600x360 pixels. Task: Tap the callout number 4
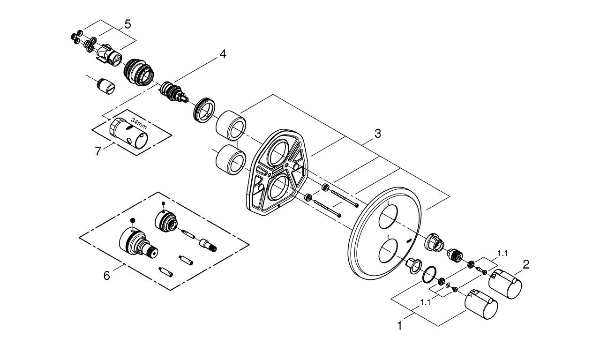223,54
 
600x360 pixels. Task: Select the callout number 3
377,134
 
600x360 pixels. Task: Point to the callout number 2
526,265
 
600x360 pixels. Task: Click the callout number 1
400,325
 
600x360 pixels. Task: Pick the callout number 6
107,276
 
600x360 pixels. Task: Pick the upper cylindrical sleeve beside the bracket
231,124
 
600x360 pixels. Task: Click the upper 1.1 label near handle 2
502,253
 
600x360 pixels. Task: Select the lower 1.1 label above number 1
426,302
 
